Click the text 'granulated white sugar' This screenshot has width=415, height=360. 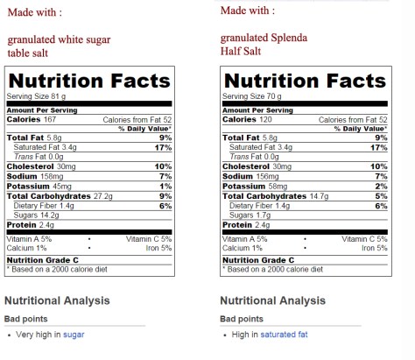tap(58, 39)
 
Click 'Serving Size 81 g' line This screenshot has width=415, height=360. tap(36, 95)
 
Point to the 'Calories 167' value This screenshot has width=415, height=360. tap(32, 119)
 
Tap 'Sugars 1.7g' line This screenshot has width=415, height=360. tap(250, 215)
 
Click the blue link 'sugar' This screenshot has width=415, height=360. tap(74, 335)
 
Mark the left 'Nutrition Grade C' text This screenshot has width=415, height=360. tap(43, 260)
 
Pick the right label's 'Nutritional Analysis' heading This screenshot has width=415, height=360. tap(273, 300)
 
